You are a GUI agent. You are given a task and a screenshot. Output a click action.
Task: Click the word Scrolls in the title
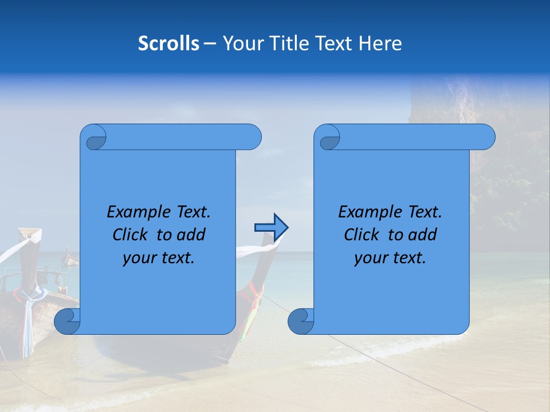[x=168, y=43]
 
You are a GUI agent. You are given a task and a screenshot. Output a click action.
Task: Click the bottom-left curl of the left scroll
[x=67, y=321]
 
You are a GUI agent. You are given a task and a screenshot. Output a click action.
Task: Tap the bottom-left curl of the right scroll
[x=301, y=321]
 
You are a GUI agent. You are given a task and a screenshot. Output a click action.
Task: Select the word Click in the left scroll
[x=130, y=235]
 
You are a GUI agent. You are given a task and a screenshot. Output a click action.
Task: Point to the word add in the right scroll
[x=422, y=235]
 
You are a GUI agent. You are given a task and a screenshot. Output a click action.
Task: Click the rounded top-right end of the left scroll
[x=252, y=137]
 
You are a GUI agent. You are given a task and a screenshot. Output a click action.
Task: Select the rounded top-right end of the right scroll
[x=486, y=137]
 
